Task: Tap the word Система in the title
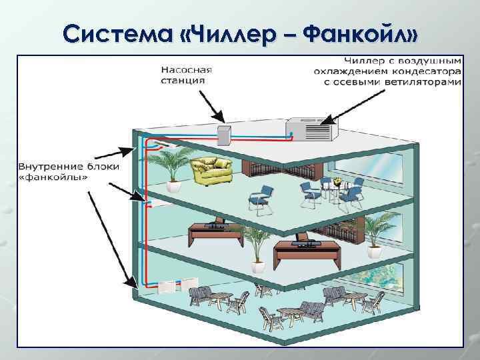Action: point(116,32)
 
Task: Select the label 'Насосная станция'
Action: point(186,74)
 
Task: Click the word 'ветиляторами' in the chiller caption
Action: point(427,82)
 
